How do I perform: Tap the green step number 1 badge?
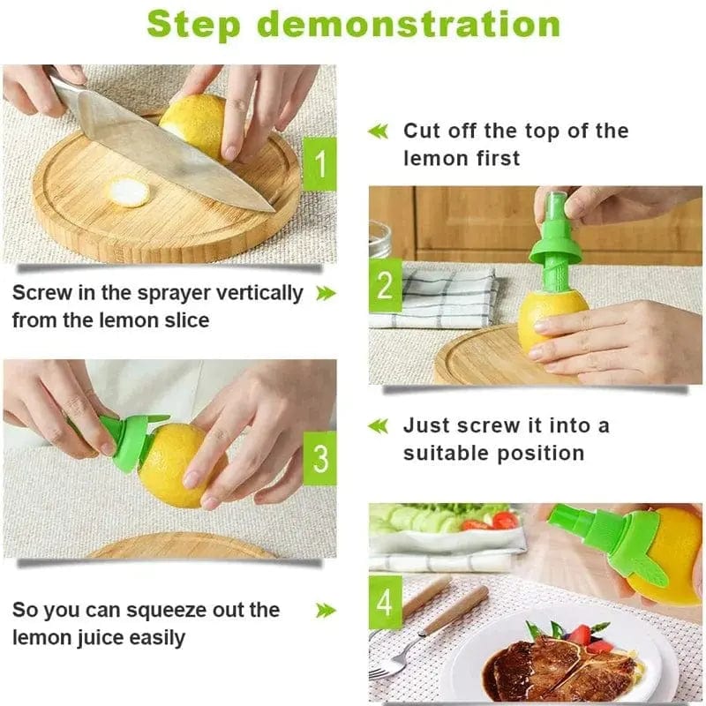[x=319, y=163]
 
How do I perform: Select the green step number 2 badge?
[x=385, y=285]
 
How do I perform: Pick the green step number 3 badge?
[x=319, y=458]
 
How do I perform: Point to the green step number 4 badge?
[x=385, y=603]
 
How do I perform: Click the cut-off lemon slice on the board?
[x=129, y=192]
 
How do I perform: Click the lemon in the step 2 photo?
[x=552, y=319]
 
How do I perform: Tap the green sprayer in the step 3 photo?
[x=124, y=441]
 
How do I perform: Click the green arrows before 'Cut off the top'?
[x=378, y=131]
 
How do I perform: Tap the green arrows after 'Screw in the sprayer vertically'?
[x=326, y=293]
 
